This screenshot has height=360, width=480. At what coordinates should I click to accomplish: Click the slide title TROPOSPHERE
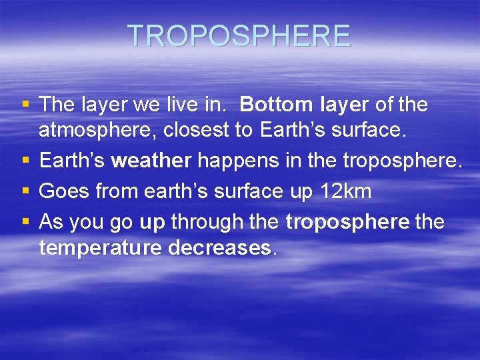pyautogui.click(x=239, y=36)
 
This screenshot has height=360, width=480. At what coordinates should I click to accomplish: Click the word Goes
pyautogui.click(x=65, y=192)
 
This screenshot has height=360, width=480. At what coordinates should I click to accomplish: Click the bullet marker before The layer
pyautogui.click(x=25, y=105)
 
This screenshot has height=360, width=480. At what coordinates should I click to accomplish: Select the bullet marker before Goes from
pyautogui.click(x=25, y=192)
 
